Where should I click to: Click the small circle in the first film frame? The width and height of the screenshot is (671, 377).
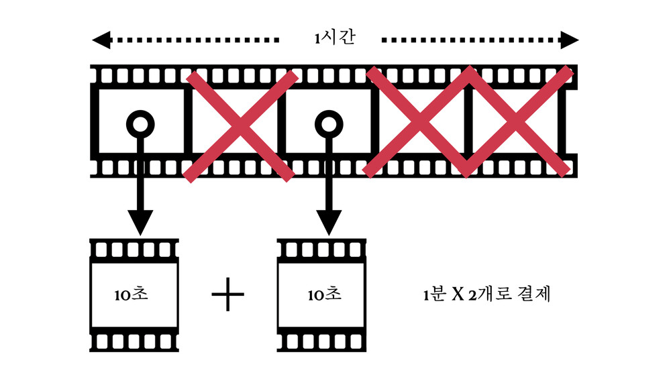pos(140,123)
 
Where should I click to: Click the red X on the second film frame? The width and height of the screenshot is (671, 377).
pos(240,125)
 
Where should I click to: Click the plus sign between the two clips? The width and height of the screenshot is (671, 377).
pos(228,295)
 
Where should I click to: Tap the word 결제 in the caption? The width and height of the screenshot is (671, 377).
pos(534,294)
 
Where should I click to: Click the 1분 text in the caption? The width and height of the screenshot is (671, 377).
pos(435,294)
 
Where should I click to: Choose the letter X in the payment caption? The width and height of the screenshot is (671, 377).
pos(459,294)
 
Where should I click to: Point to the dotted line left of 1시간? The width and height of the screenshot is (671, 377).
pos(195,40)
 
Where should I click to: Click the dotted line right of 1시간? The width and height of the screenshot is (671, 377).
pos(470,40)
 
